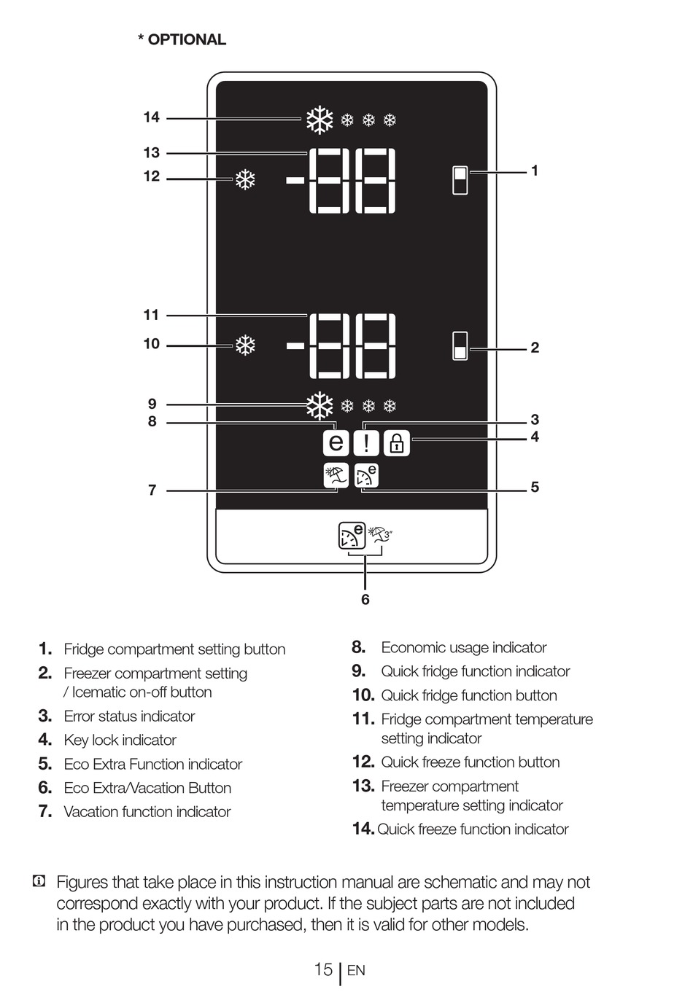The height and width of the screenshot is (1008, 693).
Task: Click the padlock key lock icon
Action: click(397, 442)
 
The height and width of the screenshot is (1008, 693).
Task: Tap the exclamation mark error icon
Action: click(366, 442)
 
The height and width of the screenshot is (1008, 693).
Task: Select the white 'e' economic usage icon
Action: click(336, 442)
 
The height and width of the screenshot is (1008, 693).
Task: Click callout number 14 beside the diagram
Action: click(151, 117)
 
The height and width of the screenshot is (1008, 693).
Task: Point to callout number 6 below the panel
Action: click(365, 599)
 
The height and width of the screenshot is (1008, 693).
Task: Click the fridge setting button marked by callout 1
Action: click(460, 180)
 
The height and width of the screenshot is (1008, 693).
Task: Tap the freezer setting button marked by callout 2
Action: click(460, 346)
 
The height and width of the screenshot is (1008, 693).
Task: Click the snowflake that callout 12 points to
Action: click(245, 179)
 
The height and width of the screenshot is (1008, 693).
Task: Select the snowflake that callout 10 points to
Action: click(245, 345)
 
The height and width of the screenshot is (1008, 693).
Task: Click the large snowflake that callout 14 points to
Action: click(319, 120)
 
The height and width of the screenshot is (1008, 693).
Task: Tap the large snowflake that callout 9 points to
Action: click(319, 406)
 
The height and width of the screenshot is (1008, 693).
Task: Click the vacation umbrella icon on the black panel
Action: click(336, 475)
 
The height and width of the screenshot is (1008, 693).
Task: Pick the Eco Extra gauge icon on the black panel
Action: click(366, 475)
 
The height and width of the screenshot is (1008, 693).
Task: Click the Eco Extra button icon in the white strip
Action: click(352, 535)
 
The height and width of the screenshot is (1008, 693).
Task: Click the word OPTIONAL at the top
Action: click(187, 40)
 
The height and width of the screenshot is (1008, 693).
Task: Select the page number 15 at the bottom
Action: click(323, 969)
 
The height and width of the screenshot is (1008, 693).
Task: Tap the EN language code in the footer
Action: click(356, 971)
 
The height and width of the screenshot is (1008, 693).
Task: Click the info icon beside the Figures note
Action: click(39, 882)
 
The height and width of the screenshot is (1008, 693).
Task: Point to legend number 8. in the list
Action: click(358, 647)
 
